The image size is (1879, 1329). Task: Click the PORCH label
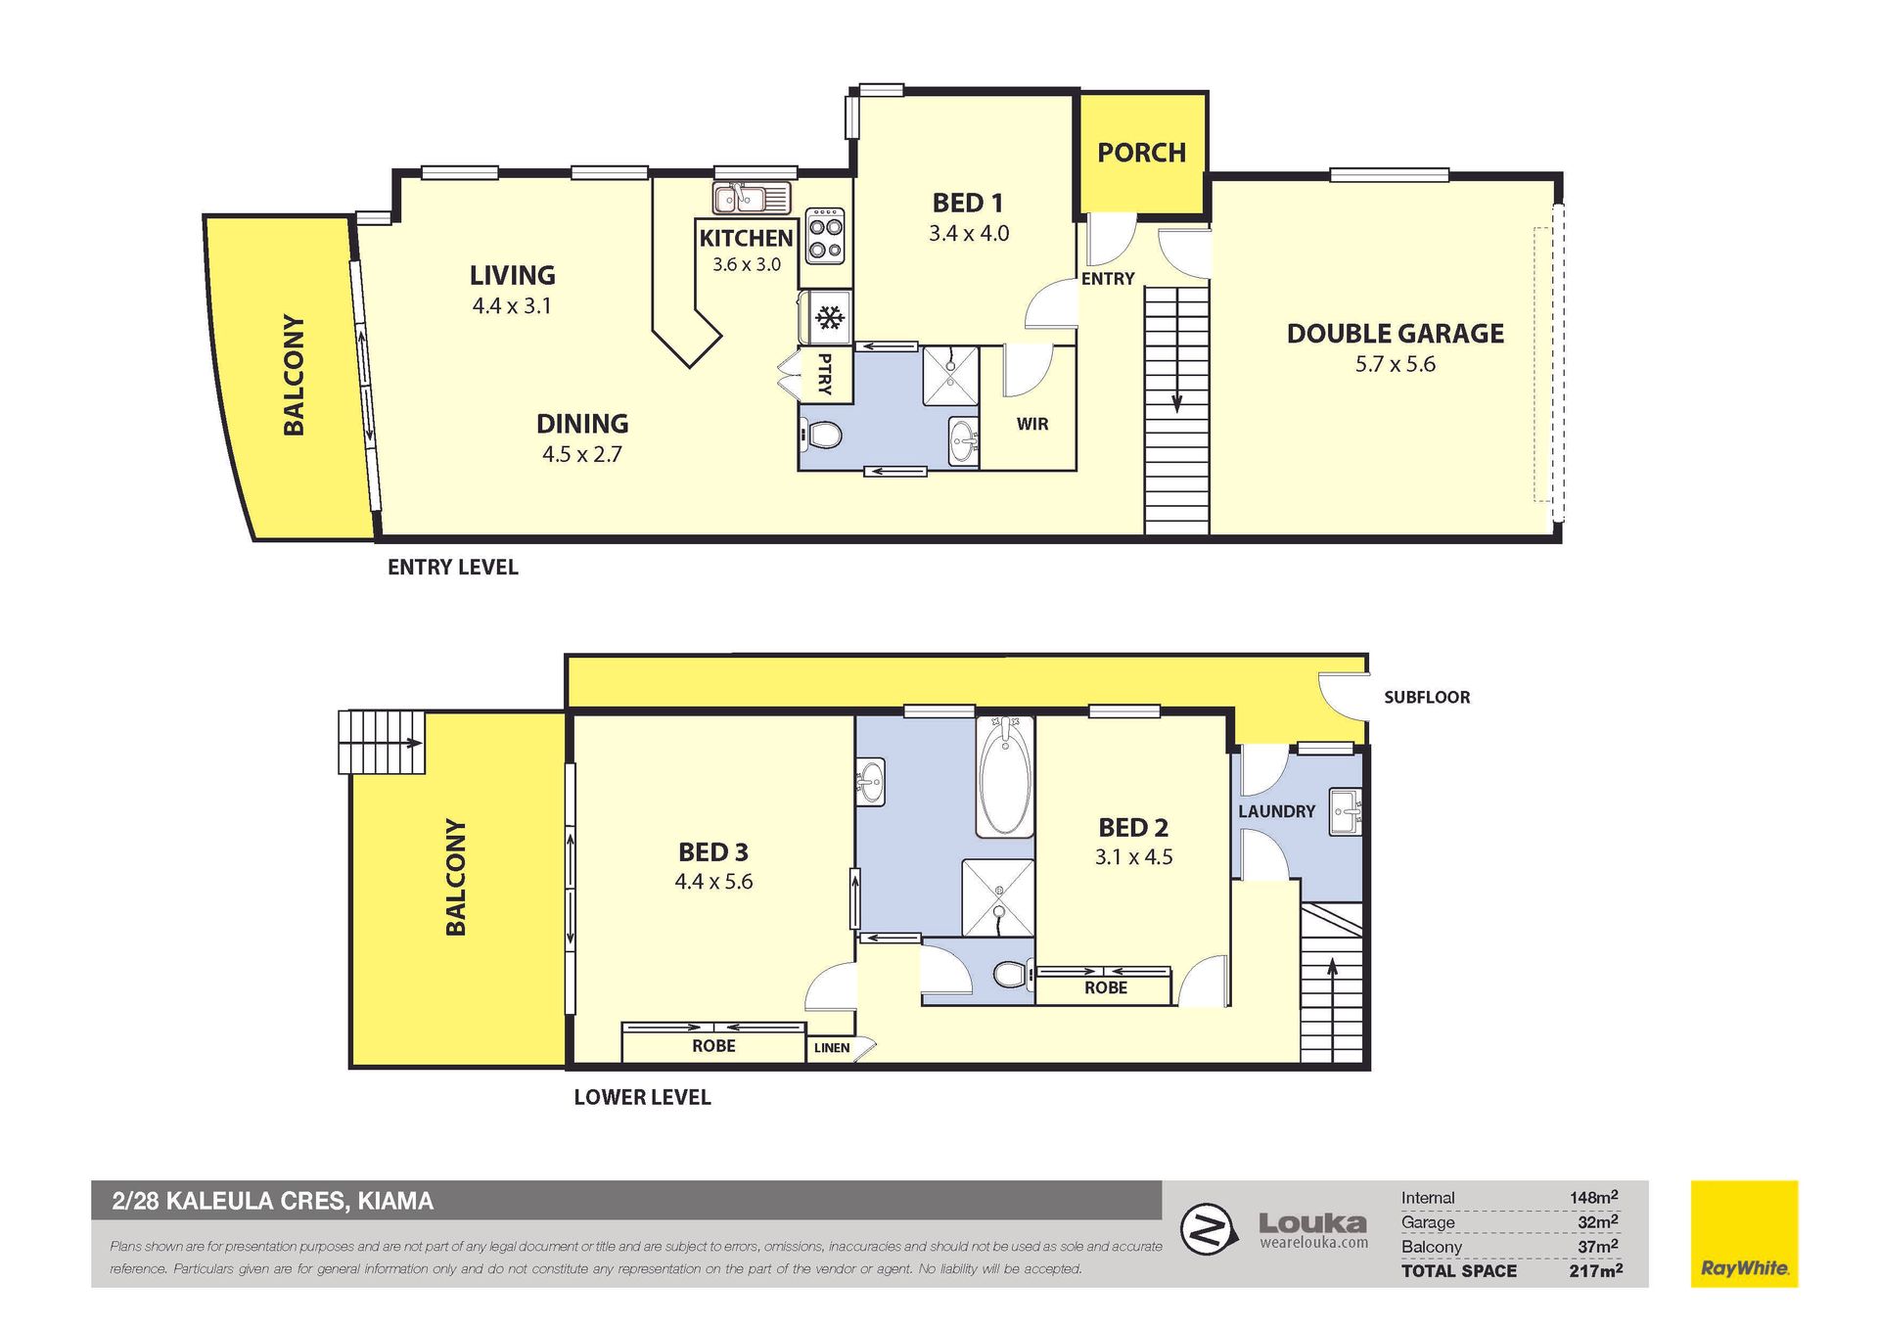[1141, 153]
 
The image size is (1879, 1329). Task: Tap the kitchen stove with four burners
[824, 235]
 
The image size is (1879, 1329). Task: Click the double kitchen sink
[752, 198]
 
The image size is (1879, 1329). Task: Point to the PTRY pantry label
[824, 374]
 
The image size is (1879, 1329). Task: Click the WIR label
[1032, 424]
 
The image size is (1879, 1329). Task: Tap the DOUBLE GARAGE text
[1395, 334]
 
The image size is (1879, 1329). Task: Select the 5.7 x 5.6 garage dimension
[1396, 364]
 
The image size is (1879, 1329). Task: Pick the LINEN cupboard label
[832, 1048]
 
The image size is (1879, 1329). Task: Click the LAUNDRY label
[1276, 811]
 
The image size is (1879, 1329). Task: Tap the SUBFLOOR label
[1427, 698]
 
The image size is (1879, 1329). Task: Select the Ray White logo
[1744, 1234]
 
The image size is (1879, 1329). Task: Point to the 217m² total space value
[1595, 1270]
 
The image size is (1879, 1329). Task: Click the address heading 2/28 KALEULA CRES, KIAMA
[273, 1201]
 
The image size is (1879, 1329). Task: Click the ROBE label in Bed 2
[1106, 988]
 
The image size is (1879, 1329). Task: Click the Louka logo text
[1312, 1223]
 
